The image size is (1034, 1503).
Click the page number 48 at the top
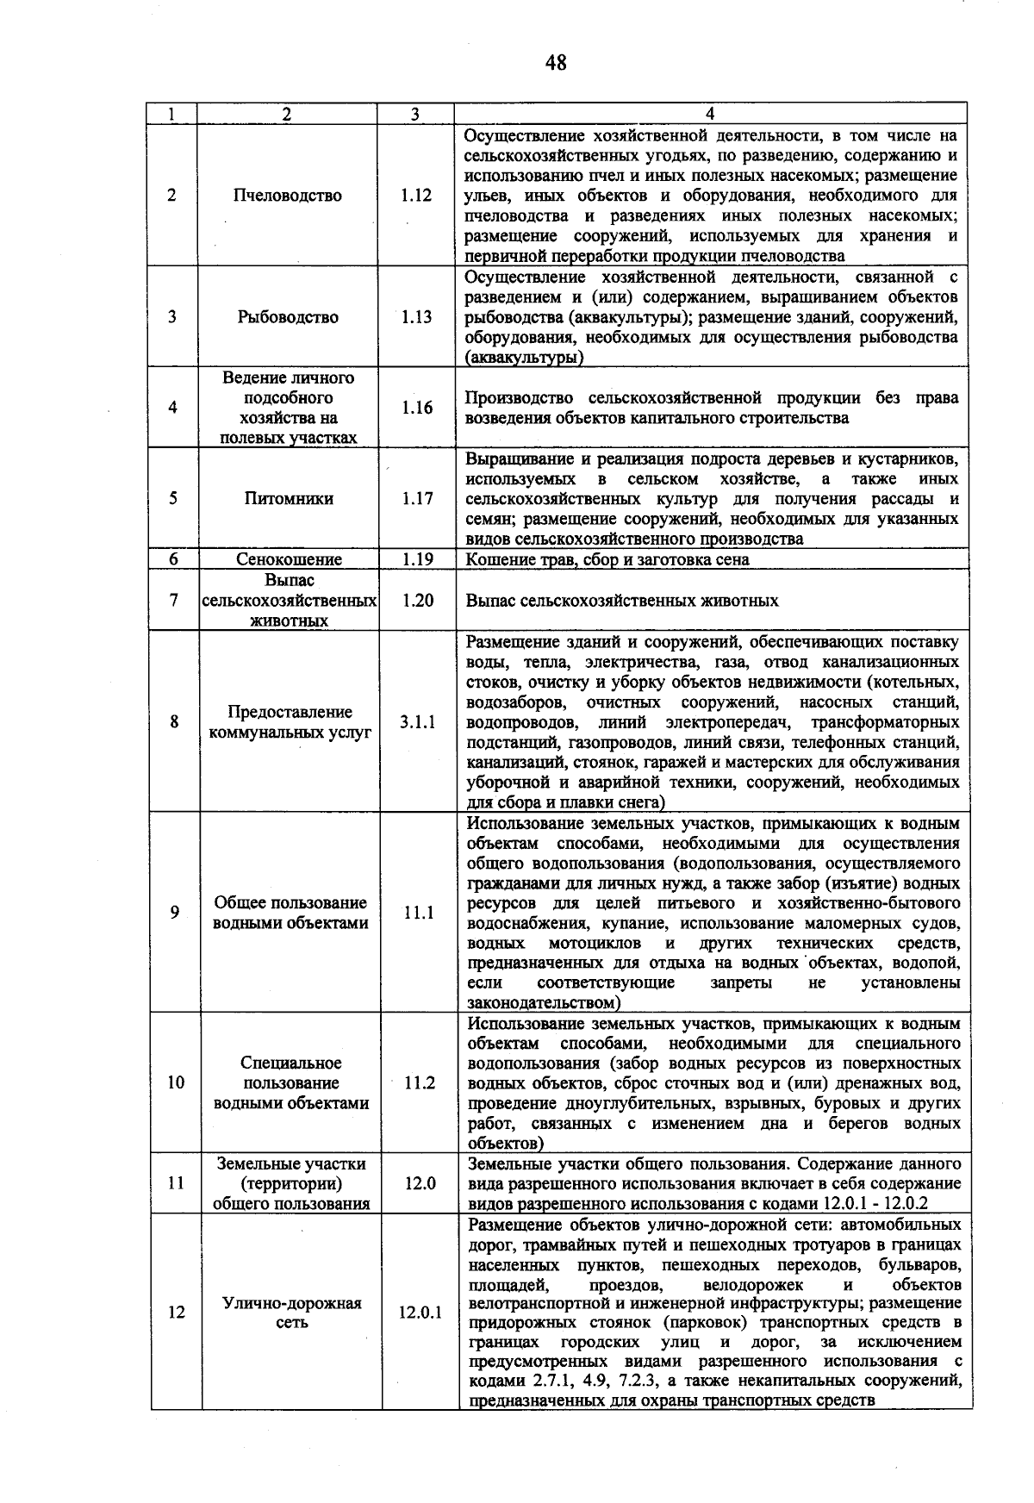pyautogui.click(x=556, y=62)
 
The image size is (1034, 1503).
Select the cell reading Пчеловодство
pyautogui.click(x=288, y=196)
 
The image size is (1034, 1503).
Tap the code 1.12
pyautogui.click(x=416, y=196)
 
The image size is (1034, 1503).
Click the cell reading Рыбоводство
pyautogui.click(x=288, y=317)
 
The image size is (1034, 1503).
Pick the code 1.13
pyautogui.click(x=416, y=317)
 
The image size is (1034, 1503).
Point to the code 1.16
pyautogui.click(x=416, y=408)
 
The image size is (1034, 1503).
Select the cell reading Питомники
pyautogui.click(x=289, y=499)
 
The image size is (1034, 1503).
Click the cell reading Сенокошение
pyautogui.click(x=289, y=559)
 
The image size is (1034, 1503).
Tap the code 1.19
pyautogui.click(x=417, y=559)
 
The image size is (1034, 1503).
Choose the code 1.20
pyautogui.click(x=418, y=601)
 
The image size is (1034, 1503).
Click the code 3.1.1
pyautogui.click(x=418, y=722)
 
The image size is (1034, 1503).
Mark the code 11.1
pyautogui.click(x=419, y=913)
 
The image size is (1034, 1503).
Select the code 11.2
pyautogui.click(x=420, y=1083)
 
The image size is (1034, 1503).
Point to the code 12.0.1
pyautogui.click(x=420, y=1313)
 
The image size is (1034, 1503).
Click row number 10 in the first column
pyautogui.click(x=176, y=1083)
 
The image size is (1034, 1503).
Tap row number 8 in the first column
pyautogui.click(x=175, y=722)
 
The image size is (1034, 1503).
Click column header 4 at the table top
pyautogui.click(x=710, y=114)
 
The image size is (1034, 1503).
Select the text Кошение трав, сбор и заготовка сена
pyautogui.click(x=607, y=559)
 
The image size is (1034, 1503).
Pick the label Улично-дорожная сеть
pyautogui.click(x=292, y=1313)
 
